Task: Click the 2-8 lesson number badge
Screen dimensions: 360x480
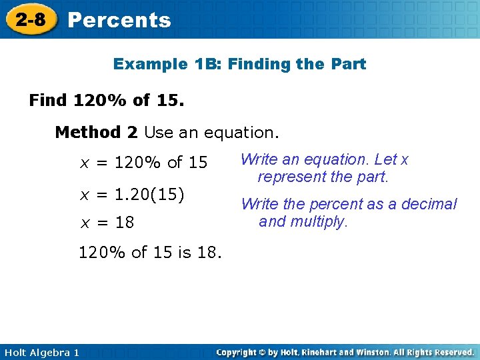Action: [x=31, y=19]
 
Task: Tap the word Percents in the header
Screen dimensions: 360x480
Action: [x=119, y=20]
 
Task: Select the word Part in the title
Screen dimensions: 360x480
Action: [x=349, y=64]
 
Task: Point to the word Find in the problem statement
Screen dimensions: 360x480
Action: [x=48, y=101]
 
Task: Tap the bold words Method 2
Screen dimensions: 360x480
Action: [x=96, y=132]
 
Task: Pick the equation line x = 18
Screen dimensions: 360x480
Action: [x=107, y=223]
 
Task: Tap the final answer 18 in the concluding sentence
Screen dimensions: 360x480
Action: [x=208, y=253]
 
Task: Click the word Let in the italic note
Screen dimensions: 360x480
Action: [x=386, y=160]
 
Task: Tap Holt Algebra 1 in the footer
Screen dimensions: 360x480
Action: [x=41, y=352]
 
